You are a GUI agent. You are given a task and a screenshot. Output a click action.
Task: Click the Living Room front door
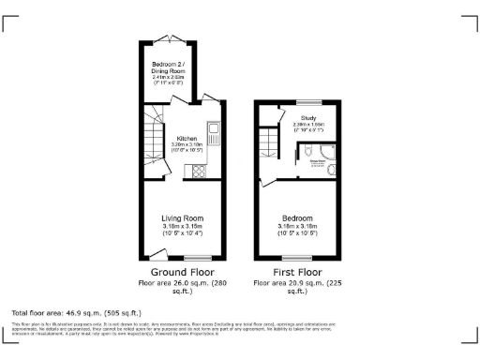click(x=156, y=254)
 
